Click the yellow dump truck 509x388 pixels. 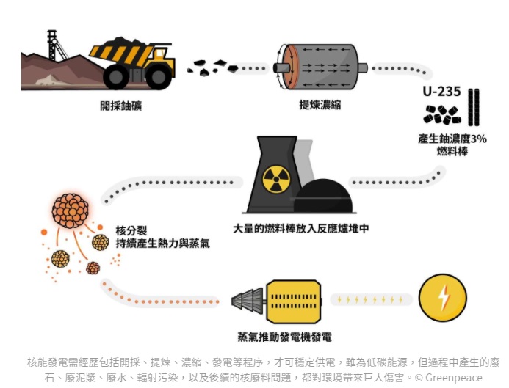(132, 62)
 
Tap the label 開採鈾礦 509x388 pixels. (120, 106)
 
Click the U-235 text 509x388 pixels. (441, 92)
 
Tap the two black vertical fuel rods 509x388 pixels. (474, 107)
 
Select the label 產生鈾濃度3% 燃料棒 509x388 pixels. (452, 144)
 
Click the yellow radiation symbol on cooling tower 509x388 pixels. (277, 179)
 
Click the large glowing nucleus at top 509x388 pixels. (71, 211)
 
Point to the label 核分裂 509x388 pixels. (130, 230)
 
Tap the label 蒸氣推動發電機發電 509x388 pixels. (284, 337)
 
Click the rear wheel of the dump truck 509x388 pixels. (117, 76)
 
